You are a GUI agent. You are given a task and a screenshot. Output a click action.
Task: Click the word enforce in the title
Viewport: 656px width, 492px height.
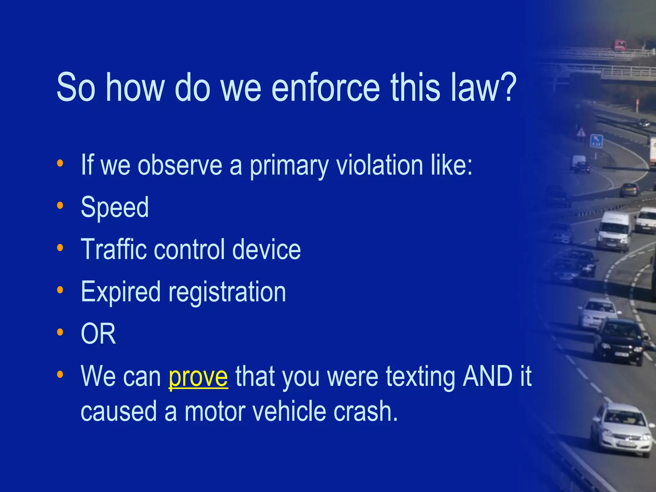tap(325, 87)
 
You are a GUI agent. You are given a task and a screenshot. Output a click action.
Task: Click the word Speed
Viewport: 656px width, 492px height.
tap(115, 208)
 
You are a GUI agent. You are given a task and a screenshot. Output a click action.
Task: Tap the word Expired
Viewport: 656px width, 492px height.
tap(120, 292)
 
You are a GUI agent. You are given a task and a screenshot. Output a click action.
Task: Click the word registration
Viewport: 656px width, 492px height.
tap(227, 292)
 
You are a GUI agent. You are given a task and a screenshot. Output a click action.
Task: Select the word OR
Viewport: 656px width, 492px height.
tap(98, 334)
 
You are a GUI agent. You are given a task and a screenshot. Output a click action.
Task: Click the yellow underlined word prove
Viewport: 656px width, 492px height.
tap(198, 377)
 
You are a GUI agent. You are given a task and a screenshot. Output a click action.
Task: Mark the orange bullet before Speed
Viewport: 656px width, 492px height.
tap(60, 205)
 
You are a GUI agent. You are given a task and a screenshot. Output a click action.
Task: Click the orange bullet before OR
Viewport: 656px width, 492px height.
tap(60, 332)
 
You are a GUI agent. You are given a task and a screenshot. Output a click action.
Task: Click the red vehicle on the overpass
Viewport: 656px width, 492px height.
tap(620, 45)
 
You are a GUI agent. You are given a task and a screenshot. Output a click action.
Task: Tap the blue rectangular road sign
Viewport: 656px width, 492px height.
tap(596, 141)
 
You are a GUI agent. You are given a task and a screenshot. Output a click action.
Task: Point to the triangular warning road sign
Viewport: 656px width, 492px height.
tap(581, 132)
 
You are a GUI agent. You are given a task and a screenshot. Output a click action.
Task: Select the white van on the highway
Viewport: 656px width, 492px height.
tap(614, 231)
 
